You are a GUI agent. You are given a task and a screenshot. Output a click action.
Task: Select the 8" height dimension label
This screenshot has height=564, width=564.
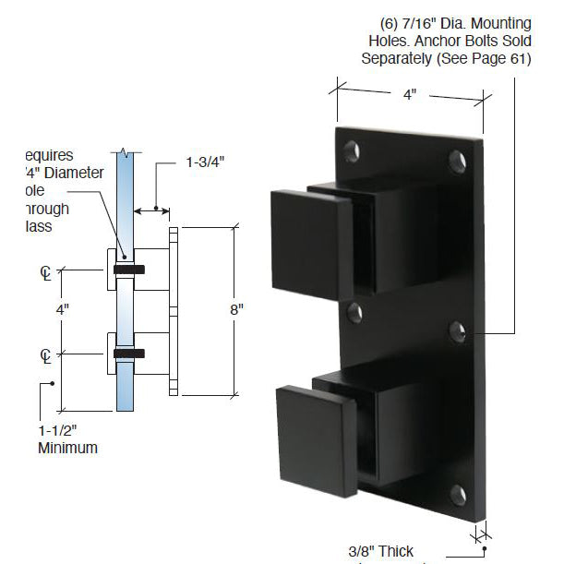click(x=236, y=311)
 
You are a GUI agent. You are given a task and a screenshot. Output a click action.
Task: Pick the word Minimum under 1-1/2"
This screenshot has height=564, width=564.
click(x=67, y=449)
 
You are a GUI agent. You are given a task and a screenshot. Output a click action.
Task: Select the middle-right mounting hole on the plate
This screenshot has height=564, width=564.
click(x=457, y=330)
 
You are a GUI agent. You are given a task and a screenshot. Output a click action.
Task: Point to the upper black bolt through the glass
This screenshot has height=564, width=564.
click(x=128, y=270)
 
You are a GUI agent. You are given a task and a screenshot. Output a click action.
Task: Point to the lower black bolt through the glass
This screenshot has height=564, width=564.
click(x=128, y=353)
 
